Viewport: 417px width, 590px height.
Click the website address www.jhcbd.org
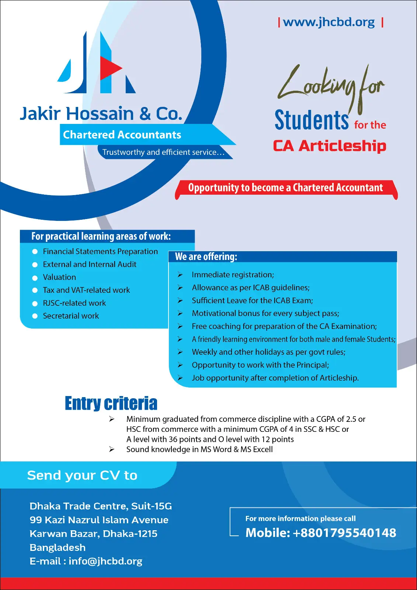tap(329, 22)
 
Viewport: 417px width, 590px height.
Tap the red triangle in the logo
tap(110, 68)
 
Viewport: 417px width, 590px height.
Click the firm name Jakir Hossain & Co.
tap(101, 114)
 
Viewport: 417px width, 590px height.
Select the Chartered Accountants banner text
tap(122, 135)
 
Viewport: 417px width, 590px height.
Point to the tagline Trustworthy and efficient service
tap(163, 152)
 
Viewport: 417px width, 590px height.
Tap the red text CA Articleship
tap(329, 146)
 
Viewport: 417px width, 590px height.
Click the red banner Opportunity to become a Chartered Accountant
tap(285, 188)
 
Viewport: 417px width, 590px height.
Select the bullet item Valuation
tap(59, 277)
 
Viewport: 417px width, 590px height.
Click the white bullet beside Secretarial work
tap(35, 316)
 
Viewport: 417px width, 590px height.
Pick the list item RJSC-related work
tap(74, 303)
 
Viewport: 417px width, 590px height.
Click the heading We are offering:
tap(206, 257)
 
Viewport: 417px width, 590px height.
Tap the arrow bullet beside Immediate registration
tap(180, 275)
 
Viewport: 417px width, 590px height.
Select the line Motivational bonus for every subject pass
tap(265, 313)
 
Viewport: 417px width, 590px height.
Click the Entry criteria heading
tap(111, 403)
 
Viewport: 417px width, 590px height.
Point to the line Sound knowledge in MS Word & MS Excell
tap(199, 450)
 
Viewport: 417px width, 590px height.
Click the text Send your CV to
tap(82, 475)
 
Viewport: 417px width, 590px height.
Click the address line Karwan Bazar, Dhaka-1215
tap(93, 534)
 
